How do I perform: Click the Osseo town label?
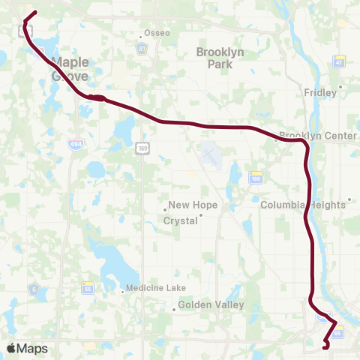(157, 33)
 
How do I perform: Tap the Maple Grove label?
(70, 70)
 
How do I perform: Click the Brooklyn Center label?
(307, 136)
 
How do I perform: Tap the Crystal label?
(182, 220)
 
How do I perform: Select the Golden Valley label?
(204, 305)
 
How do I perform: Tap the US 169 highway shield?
(142, 150)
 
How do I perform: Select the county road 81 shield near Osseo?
(141, 48)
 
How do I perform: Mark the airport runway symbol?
(210, 155)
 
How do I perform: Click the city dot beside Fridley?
(341, 86)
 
